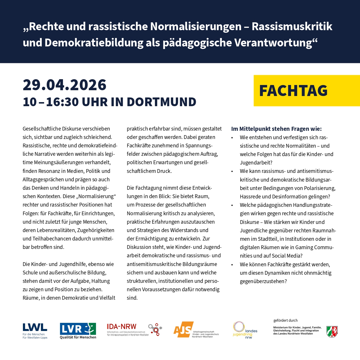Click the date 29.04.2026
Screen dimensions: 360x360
point(64,85)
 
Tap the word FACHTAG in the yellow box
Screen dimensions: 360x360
point(293,91)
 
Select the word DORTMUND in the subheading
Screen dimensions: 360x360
point(161,102)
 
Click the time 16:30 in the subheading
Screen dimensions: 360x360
point(62,102)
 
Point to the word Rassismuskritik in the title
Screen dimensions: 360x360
point(292,26)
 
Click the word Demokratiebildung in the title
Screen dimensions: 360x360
point(94,43)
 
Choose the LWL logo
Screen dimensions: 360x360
point(35,328)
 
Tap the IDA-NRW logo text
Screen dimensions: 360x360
point(121,327)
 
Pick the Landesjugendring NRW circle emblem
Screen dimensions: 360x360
point(239,327)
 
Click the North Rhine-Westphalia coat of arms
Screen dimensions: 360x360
point(332,332)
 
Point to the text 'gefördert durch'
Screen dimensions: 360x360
point(285,321)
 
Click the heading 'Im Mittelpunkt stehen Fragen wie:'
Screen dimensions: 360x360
point(276,129)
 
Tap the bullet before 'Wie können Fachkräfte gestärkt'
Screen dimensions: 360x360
point(232,265)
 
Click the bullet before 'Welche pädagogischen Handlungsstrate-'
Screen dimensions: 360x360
point(232,205)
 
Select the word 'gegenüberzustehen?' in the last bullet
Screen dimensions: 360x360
point(263,281)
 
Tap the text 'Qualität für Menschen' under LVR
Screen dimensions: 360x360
point(78,337)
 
